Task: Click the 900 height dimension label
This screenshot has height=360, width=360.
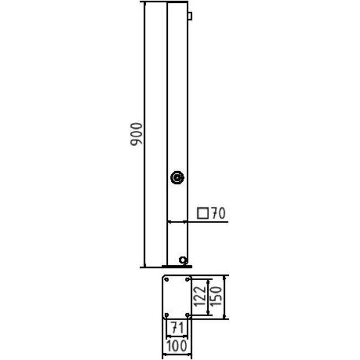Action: tap(137, 135)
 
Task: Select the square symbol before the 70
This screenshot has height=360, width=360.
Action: tap(203, 213)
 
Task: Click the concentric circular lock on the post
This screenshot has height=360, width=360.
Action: tap(177, 178)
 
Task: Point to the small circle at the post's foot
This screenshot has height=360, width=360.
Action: tap(182, 260)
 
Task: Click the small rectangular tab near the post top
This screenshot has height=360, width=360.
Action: tap(189, 16)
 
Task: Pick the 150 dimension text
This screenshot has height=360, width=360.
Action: tap(217, 297)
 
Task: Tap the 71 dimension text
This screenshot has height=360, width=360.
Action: tap(177, 327)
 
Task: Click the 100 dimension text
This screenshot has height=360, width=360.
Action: tap(177, 347)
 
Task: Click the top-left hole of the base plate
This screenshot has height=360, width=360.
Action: tap(166, 280)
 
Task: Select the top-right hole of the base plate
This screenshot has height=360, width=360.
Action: tap(187, 280)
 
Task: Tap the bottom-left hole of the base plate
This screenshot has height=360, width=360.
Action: tap(166, 315)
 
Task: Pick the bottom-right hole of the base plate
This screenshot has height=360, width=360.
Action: tap(187, 315)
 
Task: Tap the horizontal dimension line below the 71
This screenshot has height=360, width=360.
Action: tap(177, 336)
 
